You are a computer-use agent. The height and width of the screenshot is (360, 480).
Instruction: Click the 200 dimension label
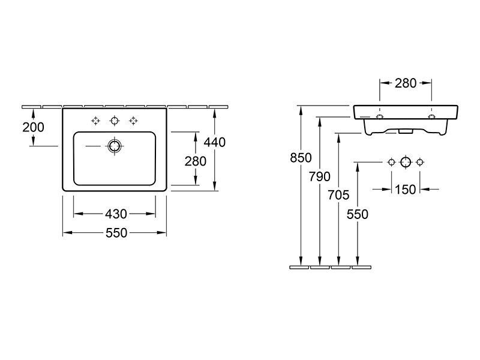pyautogui.click(x=33, y=127)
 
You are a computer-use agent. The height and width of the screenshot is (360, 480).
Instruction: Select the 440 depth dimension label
pyautogui.click(x=215, y=142)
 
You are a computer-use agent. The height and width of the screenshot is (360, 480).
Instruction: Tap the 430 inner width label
pyautogui.click(x=116, y=214)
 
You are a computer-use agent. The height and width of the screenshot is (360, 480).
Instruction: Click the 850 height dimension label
pyautogui.click(x=301, y=158)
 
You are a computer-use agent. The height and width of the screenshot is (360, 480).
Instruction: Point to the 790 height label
pyautogui.click(x=320, y=176)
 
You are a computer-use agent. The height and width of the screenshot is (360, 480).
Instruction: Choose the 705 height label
pyautogui.click(x=338, y=195)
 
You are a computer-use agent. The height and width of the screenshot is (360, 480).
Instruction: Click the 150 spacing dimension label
pyautogui.click(x=406, y=190)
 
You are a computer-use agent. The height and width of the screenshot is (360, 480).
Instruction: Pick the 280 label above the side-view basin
pyautogui.click(x=406, y=83)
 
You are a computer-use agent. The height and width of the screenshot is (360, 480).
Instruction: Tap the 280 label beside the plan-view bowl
pyautogui.click(x=196, y=161)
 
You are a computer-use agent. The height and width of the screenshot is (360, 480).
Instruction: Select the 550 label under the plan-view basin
pyautogui.click(x=116, y=233)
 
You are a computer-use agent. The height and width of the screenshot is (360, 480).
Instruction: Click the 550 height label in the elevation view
pyautogui.click(x=357, y=214)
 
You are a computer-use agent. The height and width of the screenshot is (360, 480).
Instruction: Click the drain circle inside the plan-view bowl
pyautogui.click(x=115, y=146)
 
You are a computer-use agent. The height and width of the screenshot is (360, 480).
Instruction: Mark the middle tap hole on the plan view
pyautogui.click(x=115, y=121)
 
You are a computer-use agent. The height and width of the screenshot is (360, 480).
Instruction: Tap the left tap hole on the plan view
pyautogui.click(x=96, y=121)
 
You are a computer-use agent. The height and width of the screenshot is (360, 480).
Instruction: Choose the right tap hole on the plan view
pyautogui.click(x=133, y=121)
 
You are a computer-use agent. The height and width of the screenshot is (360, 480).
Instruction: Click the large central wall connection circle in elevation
pyautogui.click(x=406, y=162)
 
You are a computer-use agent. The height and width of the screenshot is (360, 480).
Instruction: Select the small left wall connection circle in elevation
pyautogui.click(x=392, y=162)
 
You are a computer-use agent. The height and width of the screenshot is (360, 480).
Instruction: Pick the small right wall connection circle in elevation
pyautogui.click(x=420, y=162)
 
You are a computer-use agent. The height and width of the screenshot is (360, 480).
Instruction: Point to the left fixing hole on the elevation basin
pyautogui.click(x=380, y=116)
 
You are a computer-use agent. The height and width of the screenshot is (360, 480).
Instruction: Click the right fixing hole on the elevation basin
pyautogui.click(x=431, y=116)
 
